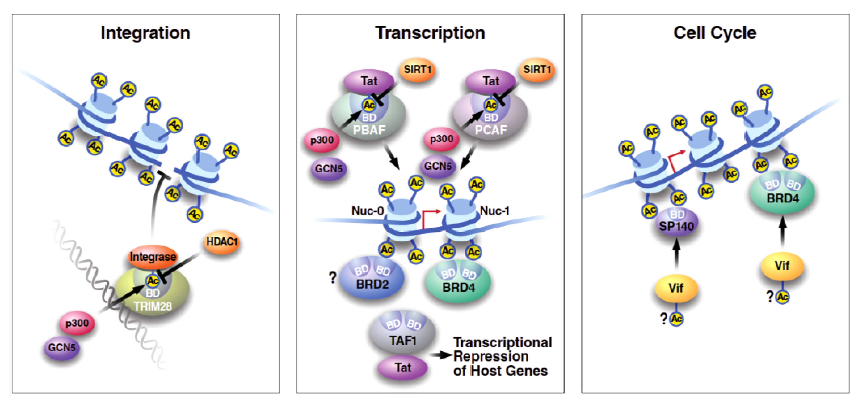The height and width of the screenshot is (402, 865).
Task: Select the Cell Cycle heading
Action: pos(715,33)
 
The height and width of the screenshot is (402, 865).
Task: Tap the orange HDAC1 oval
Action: pos(222,242)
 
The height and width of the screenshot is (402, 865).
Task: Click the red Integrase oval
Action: pos(153,257)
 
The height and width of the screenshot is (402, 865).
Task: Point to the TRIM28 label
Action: pos(153,306)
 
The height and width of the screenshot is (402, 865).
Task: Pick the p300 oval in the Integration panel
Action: pos(77,323)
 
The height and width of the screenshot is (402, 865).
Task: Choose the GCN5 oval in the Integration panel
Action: pos(62,348)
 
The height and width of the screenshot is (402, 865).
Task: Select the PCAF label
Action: pos(491,130)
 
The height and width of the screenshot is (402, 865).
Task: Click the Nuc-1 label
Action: pos(495,211)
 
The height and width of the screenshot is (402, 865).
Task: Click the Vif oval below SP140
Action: pos(676,288)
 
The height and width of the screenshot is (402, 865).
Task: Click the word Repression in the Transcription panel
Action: pos(491,356)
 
